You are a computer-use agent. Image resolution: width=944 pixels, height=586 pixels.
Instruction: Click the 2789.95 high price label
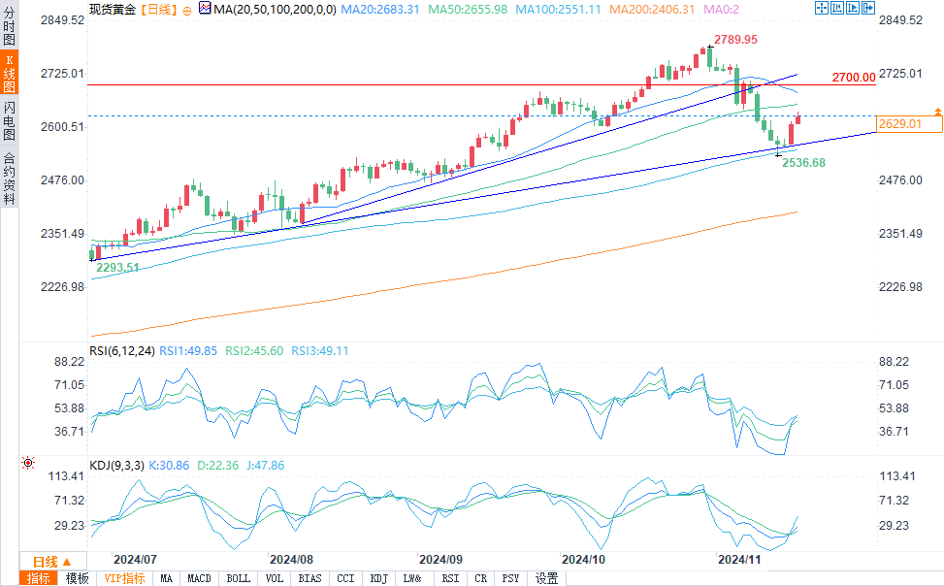click(735, 39)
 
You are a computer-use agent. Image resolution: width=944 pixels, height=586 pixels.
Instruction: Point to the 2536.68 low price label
click(804, 163)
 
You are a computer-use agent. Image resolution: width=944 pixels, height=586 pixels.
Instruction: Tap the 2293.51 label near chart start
click(117, 268)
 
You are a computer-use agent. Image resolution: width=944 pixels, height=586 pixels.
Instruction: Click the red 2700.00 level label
click(853, 77)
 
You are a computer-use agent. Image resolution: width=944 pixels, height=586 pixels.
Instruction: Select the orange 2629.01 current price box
click(899, 124)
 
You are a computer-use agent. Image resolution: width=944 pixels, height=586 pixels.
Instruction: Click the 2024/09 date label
click(440, 560)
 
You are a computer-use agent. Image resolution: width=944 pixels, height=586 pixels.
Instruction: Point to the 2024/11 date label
click(737, 560)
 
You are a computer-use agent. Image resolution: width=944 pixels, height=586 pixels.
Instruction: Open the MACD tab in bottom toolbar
click(199, 578)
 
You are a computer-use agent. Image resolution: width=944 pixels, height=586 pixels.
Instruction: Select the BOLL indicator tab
click(238, 578)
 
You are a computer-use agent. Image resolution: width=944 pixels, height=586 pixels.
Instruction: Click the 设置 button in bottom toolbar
click(547, 578)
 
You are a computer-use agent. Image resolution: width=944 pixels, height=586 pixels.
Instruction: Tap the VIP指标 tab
click(124, 578)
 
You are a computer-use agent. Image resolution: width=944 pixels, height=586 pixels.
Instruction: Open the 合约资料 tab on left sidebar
click(9, 179)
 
